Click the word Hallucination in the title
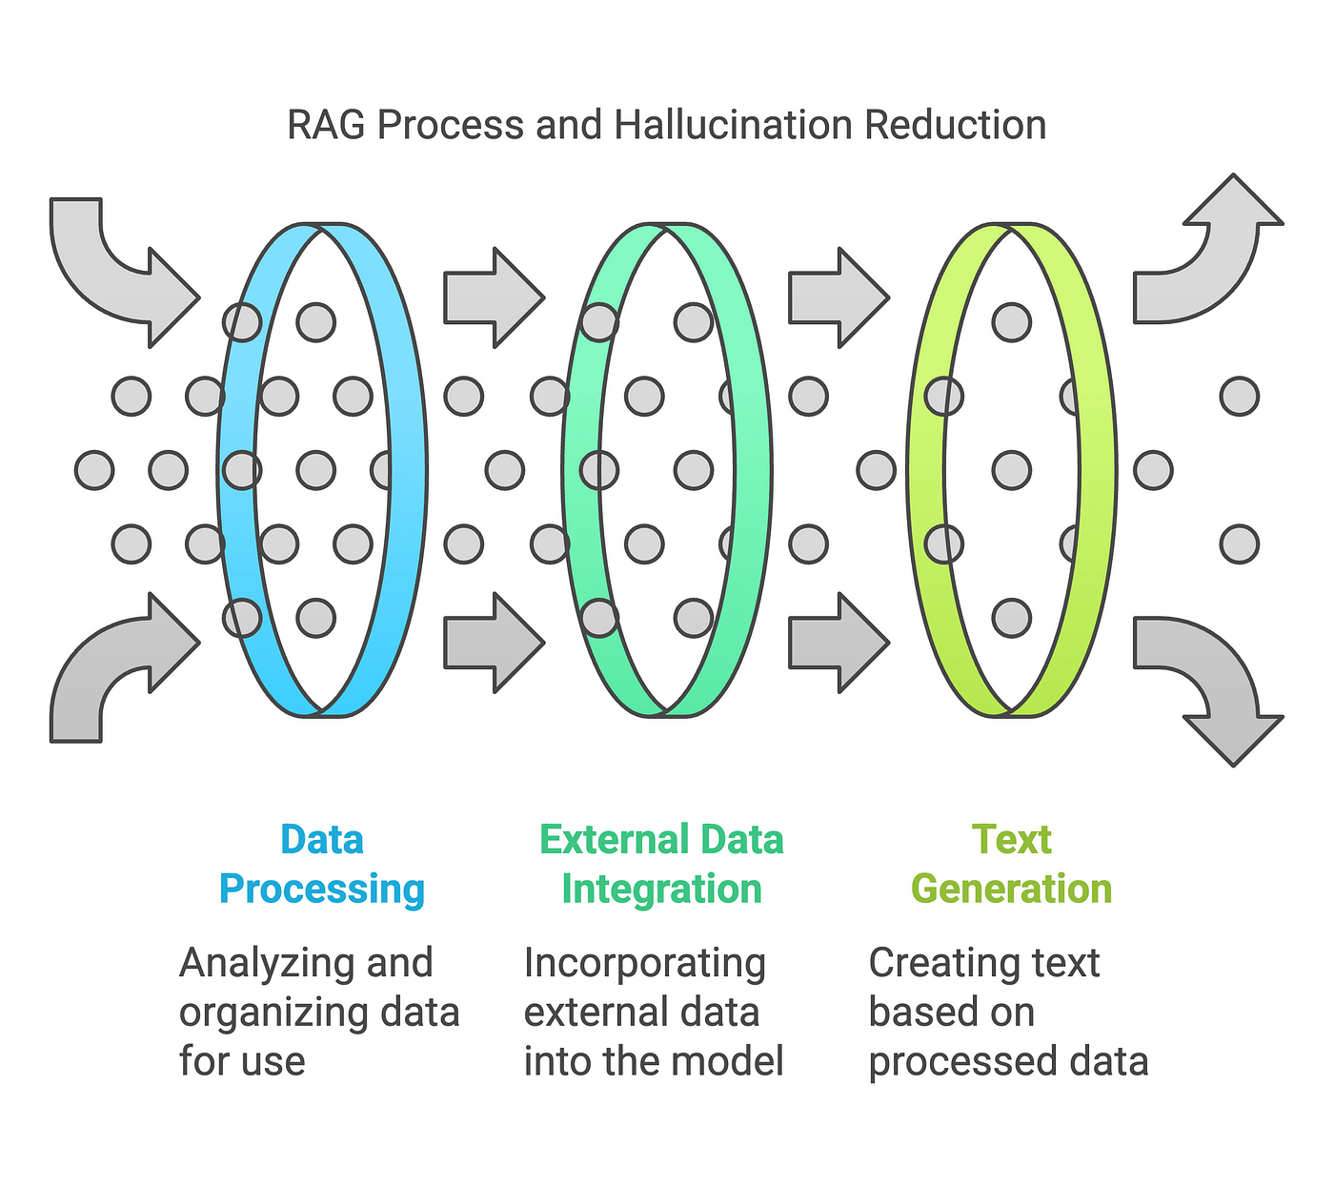[734, 125]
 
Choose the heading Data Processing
[322, 864]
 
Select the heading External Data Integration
[661, 864]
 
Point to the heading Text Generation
[1011, 864]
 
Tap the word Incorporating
[644, 964]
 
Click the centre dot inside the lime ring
[1011, 470]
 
